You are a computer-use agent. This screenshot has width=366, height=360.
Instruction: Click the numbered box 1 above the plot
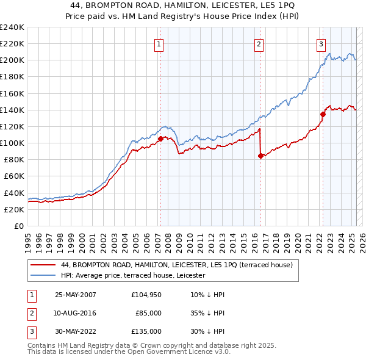tap(159, 43)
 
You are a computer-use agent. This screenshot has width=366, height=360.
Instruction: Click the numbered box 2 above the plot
tap(259, 43)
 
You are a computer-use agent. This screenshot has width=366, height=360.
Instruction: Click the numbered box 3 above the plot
tap(321, 43)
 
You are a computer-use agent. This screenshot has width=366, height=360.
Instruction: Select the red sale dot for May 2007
tap(160, 139)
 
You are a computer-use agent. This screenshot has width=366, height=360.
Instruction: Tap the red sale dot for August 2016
tap(260, 156)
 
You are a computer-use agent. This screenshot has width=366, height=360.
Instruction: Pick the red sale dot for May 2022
tap(323, 113)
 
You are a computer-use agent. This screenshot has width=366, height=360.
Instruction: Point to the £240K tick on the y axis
tap(12, 27)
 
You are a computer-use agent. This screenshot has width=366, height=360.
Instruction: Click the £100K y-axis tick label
tap(12, 143)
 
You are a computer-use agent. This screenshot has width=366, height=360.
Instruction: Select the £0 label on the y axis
tap(18, 226)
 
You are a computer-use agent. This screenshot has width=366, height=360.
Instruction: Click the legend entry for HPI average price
tap(133, 275)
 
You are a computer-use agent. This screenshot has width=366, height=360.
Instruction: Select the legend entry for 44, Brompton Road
tap(177, 265)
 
